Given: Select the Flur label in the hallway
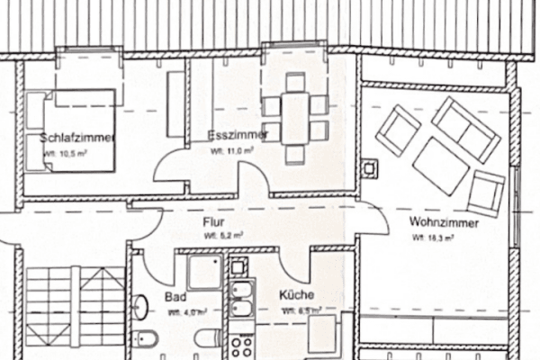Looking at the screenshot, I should pos(213,221).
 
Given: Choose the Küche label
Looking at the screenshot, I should pos(294,295).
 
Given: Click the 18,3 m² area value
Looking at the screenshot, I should pos(432,238).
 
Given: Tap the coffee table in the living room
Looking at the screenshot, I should pos(442,165).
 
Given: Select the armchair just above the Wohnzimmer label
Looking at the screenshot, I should pos(486,192).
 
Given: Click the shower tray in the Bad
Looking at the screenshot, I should pos(203,271).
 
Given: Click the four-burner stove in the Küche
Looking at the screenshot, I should pos(241,346).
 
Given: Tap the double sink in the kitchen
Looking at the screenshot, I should pos(241,301).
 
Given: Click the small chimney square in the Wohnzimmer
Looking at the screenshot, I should pos(369,167).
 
